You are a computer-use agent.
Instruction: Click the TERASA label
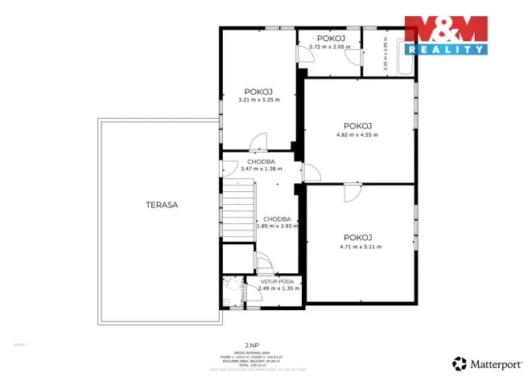162,205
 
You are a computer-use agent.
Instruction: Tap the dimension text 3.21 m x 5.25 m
259,100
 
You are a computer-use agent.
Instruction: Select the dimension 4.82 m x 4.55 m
357,134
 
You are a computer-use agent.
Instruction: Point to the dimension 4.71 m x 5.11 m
361,247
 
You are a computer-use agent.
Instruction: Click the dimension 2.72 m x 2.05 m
330,47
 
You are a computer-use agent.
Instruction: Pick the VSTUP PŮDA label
276,281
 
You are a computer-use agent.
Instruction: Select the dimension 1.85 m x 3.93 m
277,226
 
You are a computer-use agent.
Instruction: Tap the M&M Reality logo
446,35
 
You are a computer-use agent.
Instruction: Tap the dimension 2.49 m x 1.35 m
276,288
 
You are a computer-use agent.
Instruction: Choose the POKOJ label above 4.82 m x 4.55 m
357,125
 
